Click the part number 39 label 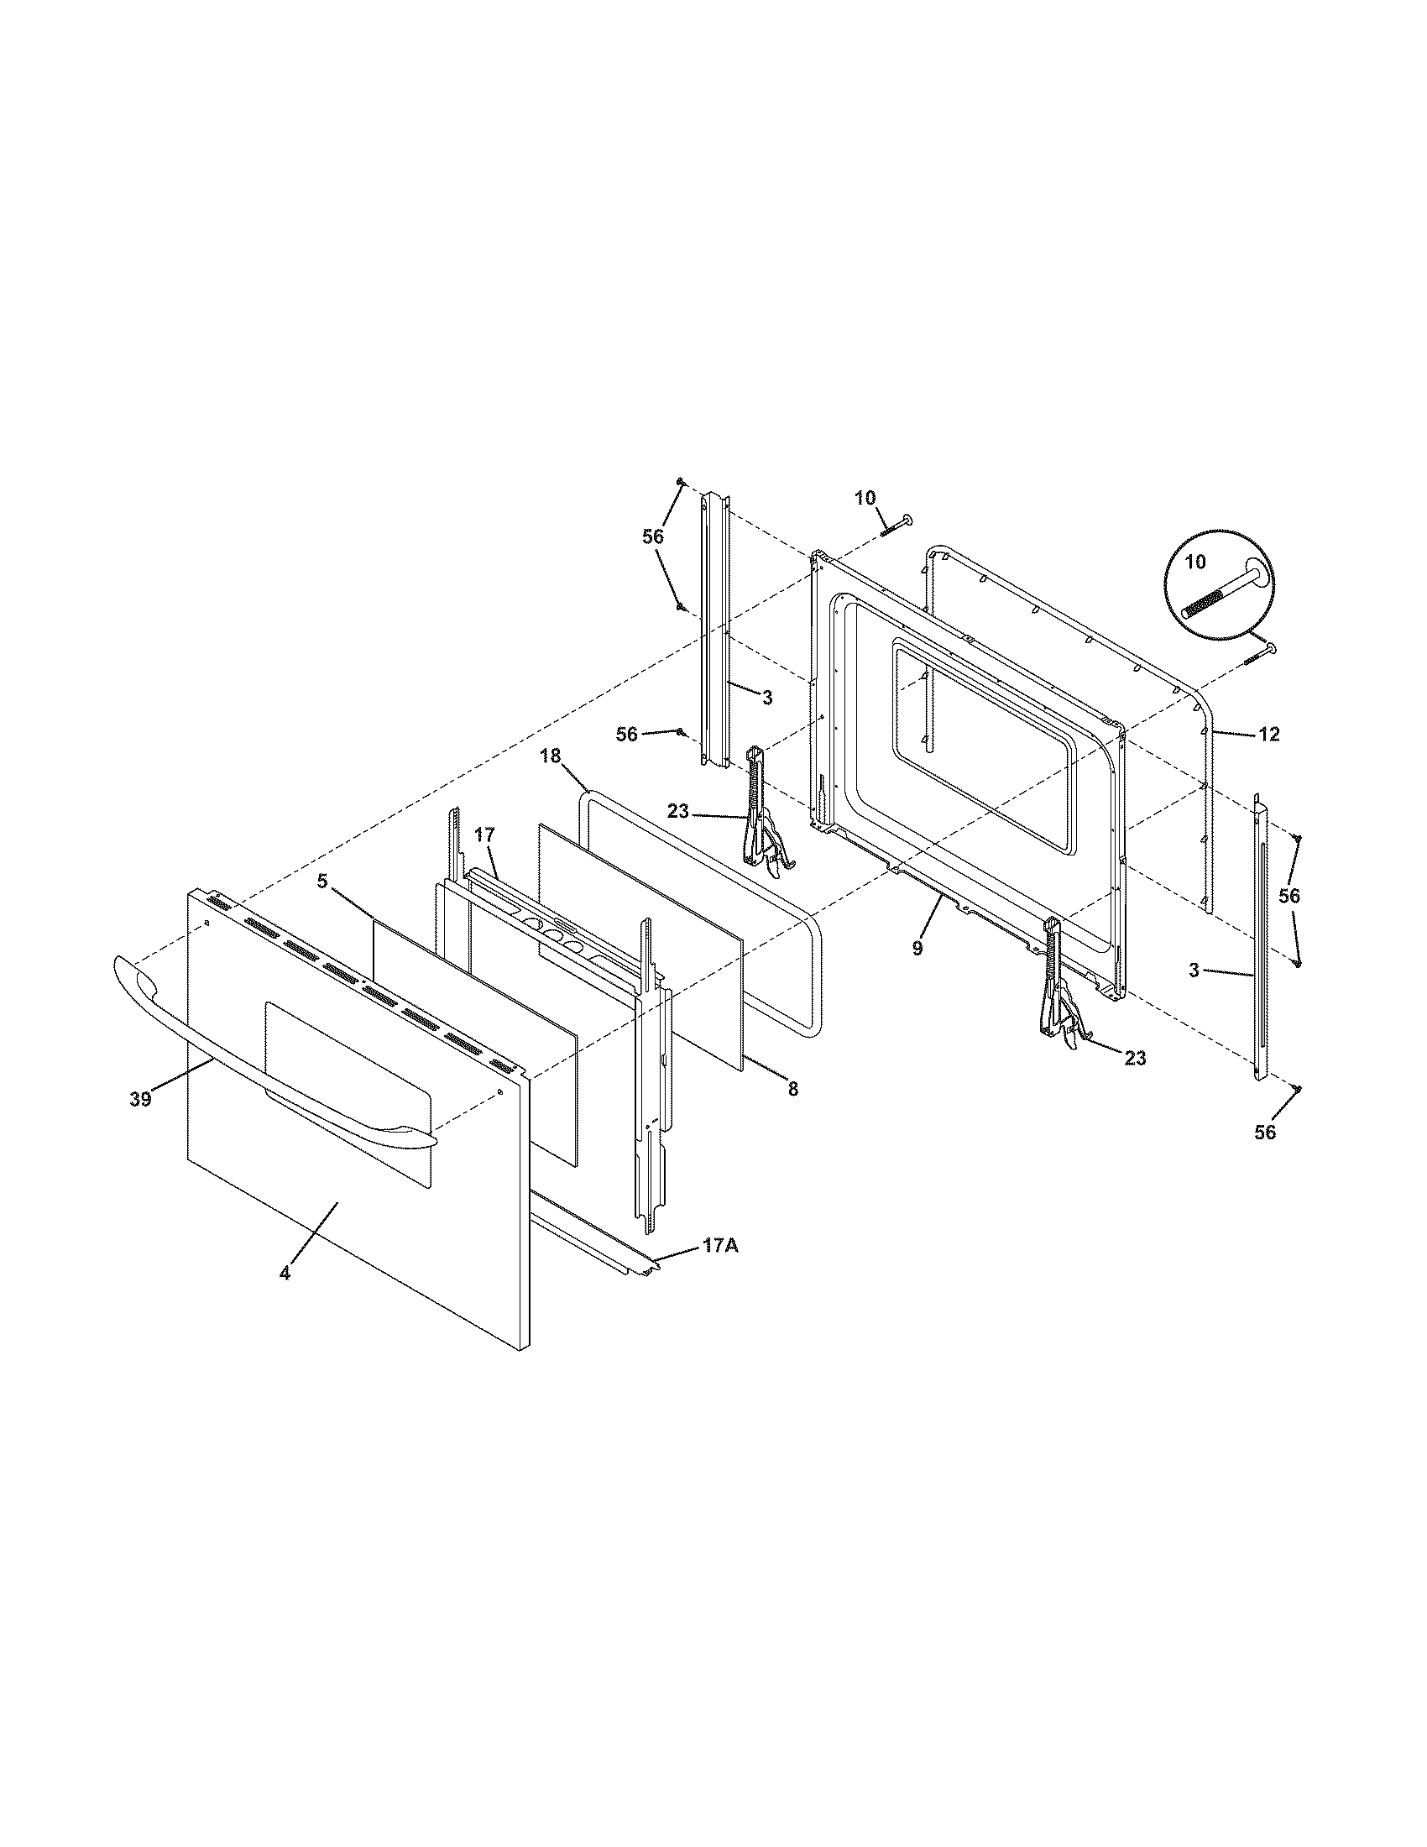coord(140,1100)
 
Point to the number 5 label coord(322,882)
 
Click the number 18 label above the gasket coord(551,756)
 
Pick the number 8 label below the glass coord(792,1090)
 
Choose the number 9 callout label coord(917,949)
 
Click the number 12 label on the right coord(1268,735)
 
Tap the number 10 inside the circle coord(1196,562)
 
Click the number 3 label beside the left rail coord(766,698)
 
